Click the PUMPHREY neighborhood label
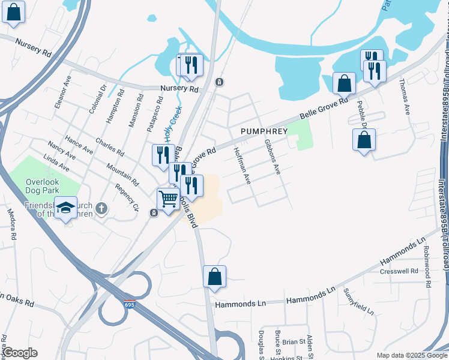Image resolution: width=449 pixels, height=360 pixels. tap(264, 131)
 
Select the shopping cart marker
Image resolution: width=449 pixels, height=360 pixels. tap(168, 199)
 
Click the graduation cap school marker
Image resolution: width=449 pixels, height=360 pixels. tap(65, 207)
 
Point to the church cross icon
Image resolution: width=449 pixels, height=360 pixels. tap(102, 209)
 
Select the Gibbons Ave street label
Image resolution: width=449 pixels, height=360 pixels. tap(273, 157)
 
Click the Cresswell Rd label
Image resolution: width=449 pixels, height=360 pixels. tap(399, 271)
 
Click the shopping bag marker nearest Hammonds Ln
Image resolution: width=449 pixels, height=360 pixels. tap(214, 277)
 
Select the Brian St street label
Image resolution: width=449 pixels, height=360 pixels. tap(294, 342)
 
